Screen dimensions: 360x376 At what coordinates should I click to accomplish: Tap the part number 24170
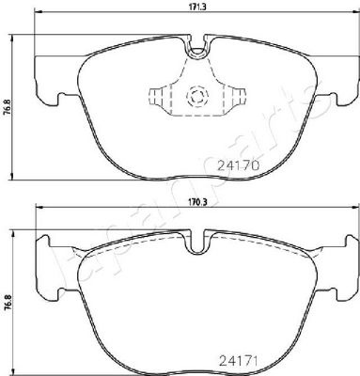[239, 165]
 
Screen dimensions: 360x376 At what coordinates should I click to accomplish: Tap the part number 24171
[237, 361]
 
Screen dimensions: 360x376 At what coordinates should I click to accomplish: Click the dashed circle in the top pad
[196, 95]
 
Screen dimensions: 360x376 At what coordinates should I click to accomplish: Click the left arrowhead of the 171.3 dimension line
[37, 13]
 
